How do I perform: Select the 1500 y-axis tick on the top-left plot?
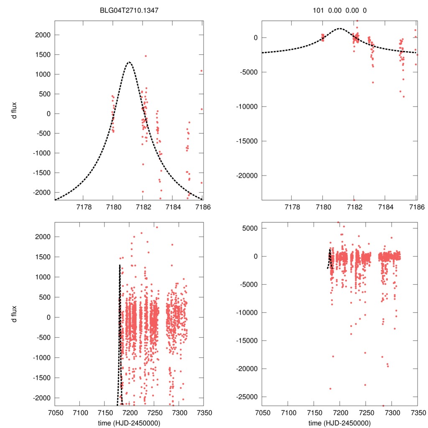42,55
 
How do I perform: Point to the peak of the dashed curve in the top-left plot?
129,62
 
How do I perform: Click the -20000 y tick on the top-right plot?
249,175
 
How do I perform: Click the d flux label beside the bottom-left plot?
14,313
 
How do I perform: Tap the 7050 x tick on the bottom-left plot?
55,412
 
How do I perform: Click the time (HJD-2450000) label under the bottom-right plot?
339,423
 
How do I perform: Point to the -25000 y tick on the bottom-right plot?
247,397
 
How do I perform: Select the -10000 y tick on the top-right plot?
249,107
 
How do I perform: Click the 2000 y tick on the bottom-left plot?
42,237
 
